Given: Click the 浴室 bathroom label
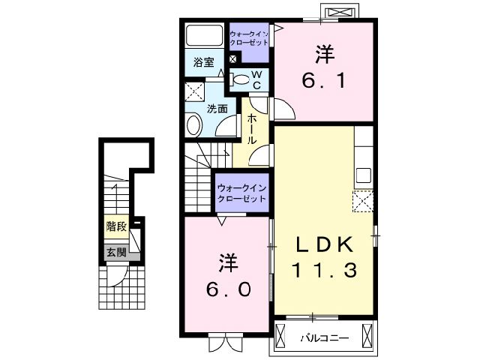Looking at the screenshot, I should pos(203,61).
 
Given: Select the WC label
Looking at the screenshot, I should pos(256,79).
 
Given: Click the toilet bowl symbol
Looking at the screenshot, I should pos(240,79).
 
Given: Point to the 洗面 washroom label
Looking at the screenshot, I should pos(217,109).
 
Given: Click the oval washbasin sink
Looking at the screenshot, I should pos(194,125).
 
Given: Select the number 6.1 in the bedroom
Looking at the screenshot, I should pos(324,79).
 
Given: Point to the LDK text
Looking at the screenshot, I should pos(323,245).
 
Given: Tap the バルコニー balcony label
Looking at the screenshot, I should pos(324,338).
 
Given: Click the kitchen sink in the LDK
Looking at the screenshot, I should pos(364,176).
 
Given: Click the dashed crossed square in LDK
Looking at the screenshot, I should pos(364,202).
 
